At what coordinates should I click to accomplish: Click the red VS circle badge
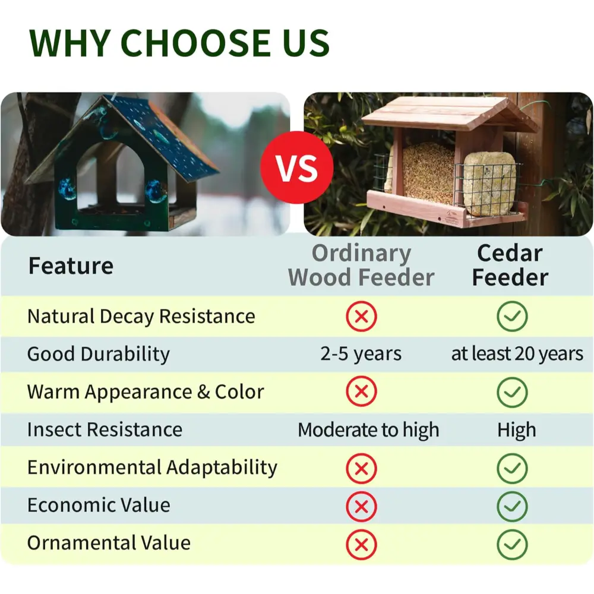(296, 168)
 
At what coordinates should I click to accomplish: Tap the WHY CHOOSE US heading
(179, 43)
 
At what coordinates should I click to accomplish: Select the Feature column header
(71, 266)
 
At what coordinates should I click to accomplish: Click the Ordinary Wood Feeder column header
(361, 265)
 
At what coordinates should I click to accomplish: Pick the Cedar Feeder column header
(510, 265)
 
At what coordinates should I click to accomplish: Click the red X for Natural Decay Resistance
(361, 317)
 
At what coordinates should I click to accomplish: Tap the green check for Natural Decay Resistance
(512, 317)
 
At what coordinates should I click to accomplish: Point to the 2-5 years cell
(361, 354)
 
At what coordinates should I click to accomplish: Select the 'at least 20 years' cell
(517, 354)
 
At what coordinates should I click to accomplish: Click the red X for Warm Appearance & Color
(361, 391)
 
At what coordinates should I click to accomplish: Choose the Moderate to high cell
(368, 429)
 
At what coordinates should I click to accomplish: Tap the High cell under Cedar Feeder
(517, 429)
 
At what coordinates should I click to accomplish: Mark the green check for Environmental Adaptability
(512, 469)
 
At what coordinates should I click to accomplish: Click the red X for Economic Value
(361, 507)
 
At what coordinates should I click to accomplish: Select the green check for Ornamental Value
(512, 544)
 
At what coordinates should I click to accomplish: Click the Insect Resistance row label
(105, 429)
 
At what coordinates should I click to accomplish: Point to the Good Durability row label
(99, 354)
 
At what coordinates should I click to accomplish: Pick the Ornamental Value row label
(109, 543)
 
